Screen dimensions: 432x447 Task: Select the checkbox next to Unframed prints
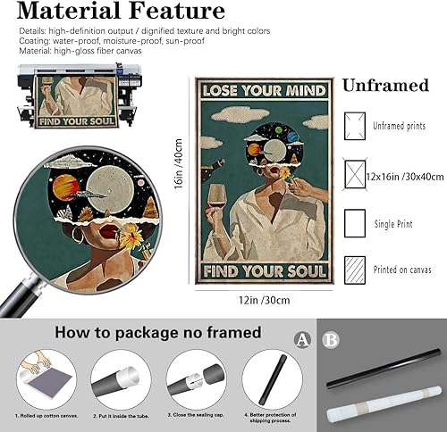coord(356,125)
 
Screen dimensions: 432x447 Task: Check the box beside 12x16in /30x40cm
coord(356,172)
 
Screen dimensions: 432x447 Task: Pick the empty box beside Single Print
coord(356,221)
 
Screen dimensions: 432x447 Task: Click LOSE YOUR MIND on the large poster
coord(265,91)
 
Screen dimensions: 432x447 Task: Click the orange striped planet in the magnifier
coord(65,188)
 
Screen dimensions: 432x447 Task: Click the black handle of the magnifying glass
coord(15,299)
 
